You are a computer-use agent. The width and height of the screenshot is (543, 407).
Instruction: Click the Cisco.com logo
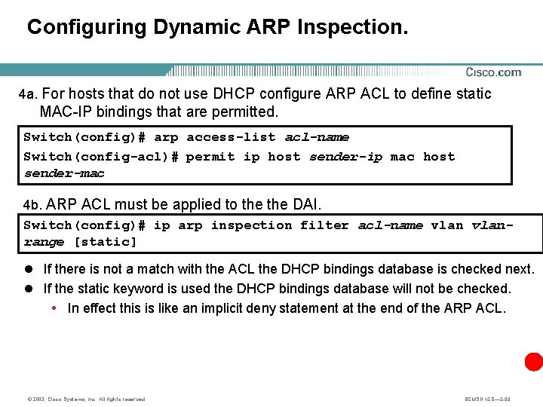[492, 72]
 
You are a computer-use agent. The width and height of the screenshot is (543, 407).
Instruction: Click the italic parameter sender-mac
[63, 173]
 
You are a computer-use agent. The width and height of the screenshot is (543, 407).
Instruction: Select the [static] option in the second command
[105, 242]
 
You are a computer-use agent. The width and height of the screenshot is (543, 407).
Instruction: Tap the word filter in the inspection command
[325, 225]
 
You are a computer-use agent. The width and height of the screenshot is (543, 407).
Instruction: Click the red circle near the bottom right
[534, 362]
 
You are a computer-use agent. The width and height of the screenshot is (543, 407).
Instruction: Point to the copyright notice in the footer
[84, 399]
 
